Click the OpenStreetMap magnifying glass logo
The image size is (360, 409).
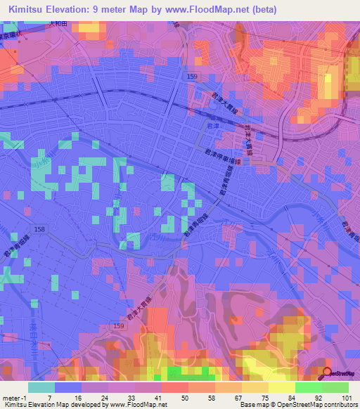(326, 373)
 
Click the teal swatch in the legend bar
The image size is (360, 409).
(40, 387)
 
